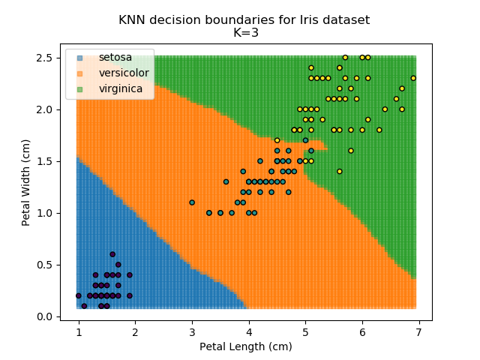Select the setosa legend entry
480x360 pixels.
pyautogui.click(x=113, y=58)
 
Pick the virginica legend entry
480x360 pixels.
pyautogui.click(x=120, y=89)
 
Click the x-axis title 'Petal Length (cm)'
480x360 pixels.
pyautogui.click(x=245, y=347)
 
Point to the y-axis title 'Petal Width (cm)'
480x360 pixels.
pyautogui.click(x=25, y=182)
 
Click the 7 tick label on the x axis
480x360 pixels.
pyautogui.click(x=418, y=332)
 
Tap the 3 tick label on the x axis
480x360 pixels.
pyautogui.click(x=192, y=332)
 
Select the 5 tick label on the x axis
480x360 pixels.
pyautogui.click(x=305, y=332)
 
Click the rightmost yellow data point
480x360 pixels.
pyautogui.click(x=413, y=78)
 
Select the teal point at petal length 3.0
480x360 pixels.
pyautogui.click(x=192, y=202)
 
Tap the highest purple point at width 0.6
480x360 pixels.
pyautogui.click(x=112, y=254)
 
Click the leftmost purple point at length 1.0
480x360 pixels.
pyautogui.click(x=79, y=295)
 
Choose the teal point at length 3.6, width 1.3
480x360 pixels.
pyautogui.click(x=226, y=181)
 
